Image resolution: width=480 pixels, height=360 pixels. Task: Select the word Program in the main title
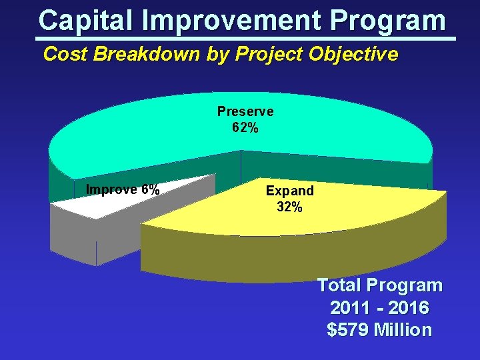(x=387, y=20)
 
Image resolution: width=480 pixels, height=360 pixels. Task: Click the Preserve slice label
(x=245, y=111)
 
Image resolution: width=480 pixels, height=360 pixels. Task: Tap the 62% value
(x=245, y=127)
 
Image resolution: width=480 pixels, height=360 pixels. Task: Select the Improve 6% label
(x=123, y=190)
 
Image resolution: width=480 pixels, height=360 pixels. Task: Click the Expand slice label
(x=289, y=191)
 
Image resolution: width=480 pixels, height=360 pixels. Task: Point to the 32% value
(x=289, y=207)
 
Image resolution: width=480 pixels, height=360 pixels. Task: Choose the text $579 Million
(x=379, y=329)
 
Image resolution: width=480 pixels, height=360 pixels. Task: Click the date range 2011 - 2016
(x=379, y=308)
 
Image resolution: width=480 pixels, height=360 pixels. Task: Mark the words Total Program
(x=379, y=285)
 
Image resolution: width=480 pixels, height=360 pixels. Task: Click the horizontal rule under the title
(x=247, y=39)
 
